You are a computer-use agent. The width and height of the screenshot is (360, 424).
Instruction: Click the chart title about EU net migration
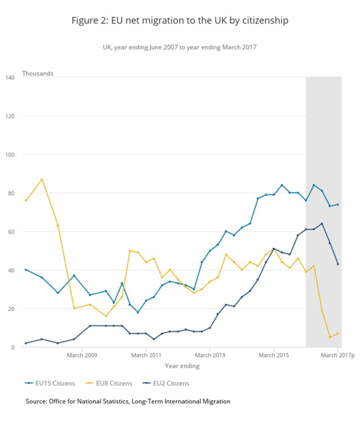coord(179,21)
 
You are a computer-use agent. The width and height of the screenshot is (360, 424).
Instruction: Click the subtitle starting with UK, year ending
coord(179,47)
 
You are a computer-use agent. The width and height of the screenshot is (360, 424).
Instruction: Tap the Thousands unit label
coord(38,73)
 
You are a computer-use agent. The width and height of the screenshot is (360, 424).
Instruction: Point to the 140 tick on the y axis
coord(10,77)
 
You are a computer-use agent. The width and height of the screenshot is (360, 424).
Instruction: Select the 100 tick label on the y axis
coord(10,154)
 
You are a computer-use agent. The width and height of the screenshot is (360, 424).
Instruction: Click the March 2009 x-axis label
coord(82,355)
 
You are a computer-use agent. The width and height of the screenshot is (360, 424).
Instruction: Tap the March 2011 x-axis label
coord(146,355)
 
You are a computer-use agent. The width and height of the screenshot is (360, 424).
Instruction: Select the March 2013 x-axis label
coord(210,355)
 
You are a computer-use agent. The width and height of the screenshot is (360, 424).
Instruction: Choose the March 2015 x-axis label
coord(274,355)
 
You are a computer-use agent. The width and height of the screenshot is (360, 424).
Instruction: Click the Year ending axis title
coord(182,366)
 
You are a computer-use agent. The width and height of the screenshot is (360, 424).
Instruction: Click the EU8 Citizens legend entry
coord(112,383)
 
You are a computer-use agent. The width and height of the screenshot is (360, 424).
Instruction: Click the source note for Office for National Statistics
coord(128,401)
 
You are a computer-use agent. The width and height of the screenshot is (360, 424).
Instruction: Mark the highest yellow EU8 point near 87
coord(42,179)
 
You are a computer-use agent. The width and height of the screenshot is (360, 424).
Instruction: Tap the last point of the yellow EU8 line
coord(338,333)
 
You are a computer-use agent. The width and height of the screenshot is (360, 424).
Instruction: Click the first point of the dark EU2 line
coord(26,343)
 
